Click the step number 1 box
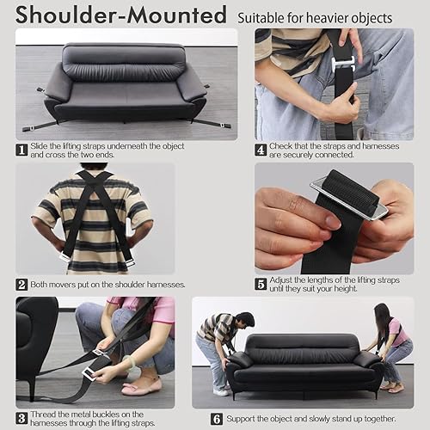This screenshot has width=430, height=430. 21,148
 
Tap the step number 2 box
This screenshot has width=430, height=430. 21,284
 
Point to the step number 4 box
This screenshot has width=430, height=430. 261,148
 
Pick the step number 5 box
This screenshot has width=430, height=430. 261,284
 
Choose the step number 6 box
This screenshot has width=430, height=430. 217,418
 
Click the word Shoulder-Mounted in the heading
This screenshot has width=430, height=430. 120,15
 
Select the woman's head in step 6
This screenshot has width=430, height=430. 382,312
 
